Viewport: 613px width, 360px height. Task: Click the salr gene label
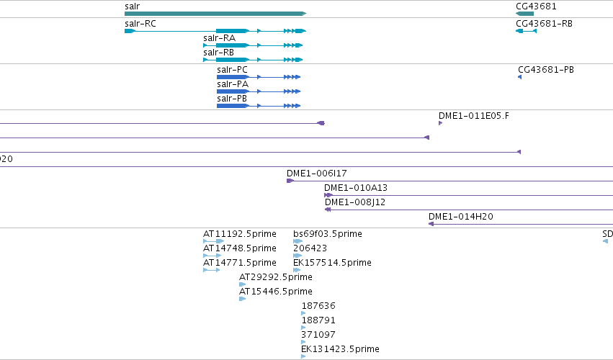(x=132, y=6)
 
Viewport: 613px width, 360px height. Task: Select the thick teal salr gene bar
(x=215, y=14)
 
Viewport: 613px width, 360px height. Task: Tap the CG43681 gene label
(x=536, y=6)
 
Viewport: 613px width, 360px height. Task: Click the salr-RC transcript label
(x=140, y=24)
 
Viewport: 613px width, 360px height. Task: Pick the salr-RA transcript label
(x=219, y=38)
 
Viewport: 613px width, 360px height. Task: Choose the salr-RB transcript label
(x=218, y=53)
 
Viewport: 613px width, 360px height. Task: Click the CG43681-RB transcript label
(x=544, y=24)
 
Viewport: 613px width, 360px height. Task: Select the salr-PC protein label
(x=232, y=70)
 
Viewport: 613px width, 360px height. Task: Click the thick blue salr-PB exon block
(x=233, y=106)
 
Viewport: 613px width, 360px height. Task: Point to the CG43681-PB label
(x=546, y=70)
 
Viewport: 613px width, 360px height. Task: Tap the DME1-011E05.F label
(x=474, y=116)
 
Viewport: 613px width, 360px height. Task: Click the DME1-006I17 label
(x=317, y=173)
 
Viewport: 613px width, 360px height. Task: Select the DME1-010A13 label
(x=356, y=188)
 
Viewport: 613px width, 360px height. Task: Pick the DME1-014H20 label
(x=461, y=217)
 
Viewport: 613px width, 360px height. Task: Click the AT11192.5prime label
(x=240, y=234)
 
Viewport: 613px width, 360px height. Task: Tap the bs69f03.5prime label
(x=328, y=234)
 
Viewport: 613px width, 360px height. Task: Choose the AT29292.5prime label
(x=276, y=277)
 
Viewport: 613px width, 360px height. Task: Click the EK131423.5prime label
(x=340, y=349)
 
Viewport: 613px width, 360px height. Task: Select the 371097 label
(x=318, y=335)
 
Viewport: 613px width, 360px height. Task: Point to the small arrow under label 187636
(x=303, y=313)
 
